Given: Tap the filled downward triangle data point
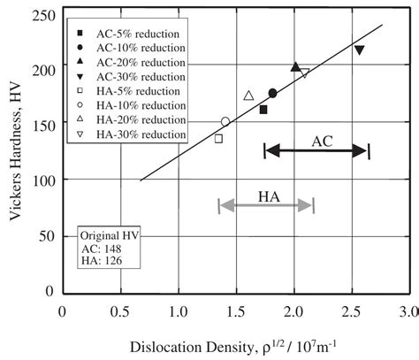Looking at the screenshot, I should coord(359,50).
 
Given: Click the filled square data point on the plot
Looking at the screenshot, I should coord(263,110).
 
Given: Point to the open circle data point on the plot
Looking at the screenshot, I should coord(225,122).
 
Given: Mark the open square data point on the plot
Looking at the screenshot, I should coord(218,139).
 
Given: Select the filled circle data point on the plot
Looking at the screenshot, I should coord(272,93).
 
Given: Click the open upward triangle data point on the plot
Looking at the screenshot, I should coord(248,96).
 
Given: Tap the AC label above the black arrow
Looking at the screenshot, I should coord(323,140).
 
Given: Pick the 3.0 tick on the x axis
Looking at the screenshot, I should coord(408,311).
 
